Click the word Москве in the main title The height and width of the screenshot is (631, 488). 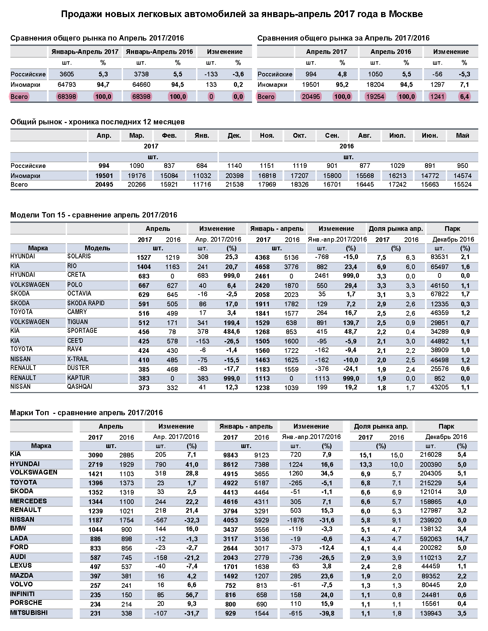click(x=406, y=14)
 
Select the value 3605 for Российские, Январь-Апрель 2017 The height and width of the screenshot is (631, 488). click(x=67, y=74)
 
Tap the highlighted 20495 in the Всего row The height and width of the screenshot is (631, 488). click(x=311, y=97)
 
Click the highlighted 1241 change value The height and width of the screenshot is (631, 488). click(x=437, y=97)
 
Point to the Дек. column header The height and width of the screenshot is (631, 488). click(x=234, y=135)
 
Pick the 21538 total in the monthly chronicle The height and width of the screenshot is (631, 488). click(x=234, y=184)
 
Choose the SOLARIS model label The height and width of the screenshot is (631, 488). click(x=79, y=256)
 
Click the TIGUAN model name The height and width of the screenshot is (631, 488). click(x=77, y=322)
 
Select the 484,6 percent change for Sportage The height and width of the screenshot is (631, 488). click(x=232, y=331)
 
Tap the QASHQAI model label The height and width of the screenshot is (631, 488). click(x=80, y=387)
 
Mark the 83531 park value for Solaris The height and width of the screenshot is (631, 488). click(x=439, y=257)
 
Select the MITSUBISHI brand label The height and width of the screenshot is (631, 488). click(x=29, y=613)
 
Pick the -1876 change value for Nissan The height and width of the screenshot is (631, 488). click(x=295, y=520)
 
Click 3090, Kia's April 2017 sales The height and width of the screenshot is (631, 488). click(x=96, y=455)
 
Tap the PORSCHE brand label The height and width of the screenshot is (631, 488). click(x=26, y=603)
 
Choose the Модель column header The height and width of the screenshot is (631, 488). click(x=97, y=248)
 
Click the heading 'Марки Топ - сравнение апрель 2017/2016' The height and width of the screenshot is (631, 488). click(x=86, y=413)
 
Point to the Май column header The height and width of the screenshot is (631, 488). click(x=462, y=135)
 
